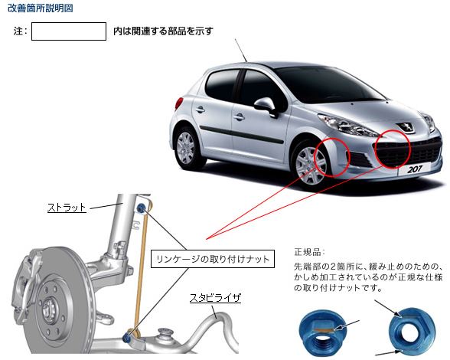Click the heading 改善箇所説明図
point(40,8)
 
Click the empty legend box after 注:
point(69,31)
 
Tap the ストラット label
point(67,208)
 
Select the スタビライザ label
point(215,298)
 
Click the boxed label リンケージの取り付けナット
point(213,259)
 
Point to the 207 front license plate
point(415,169)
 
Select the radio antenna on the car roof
point(241,51)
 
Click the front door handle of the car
point(239,116)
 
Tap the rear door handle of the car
point(200,110)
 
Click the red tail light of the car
point(179,103)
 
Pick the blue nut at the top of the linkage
point(141,208)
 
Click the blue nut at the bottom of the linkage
point(126,338)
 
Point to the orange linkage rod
point(141,273)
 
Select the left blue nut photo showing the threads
point(322,332)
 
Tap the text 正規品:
point(309,252)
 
